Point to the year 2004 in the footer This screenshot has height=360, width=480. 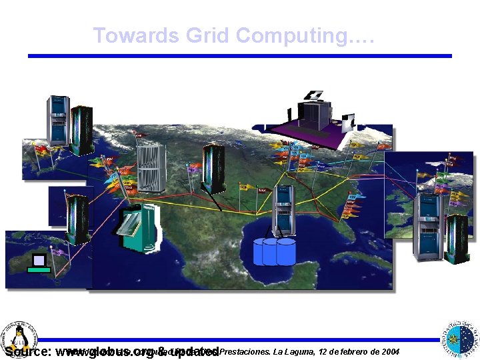(387, 351)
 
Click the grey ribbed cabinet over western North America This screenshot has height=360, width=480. (151, 167)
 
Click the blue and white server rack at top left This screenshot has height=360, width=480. (57, 120)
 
